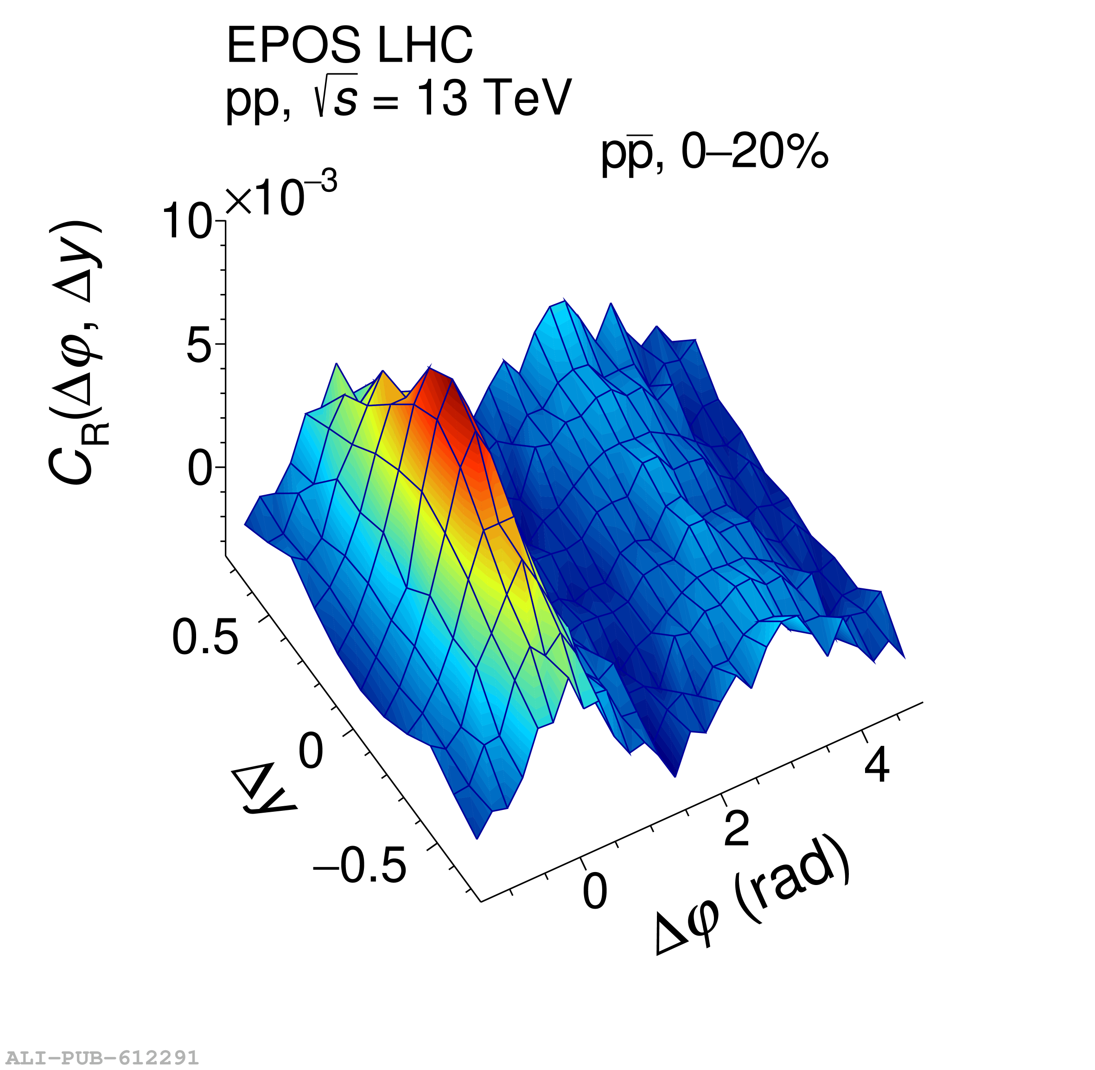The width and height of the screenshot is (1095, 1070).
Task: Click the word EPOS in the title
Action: click(293, 46)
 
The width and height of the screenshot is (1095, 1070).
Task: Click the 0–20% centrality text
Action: click(755, 153)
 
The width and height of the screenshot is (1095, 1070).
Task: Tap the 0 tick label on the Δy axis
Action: click(311, 752)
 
